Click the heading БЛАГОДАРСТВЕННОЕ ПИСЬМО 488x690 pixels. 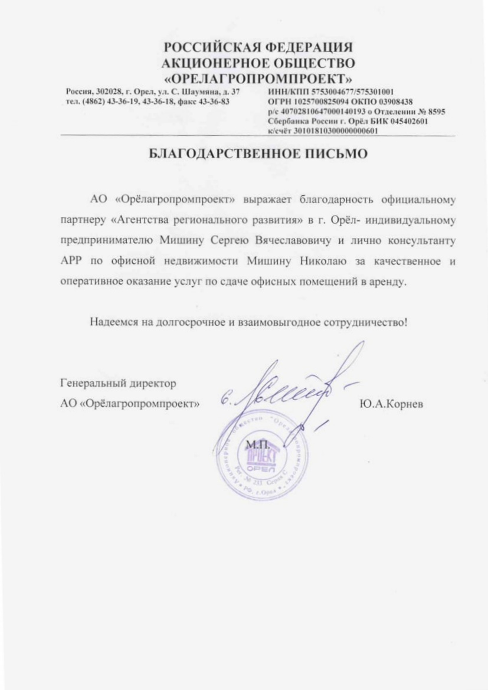257,155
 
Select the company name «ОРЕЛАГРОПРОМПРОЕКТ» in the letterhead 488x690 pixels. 258,78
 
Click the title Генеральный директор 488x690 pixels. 118,384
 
